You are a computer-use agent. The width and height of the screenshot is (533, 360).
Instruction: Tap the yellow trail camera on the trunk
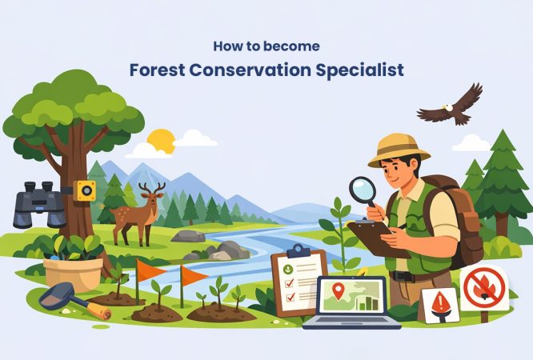tap(84, 190)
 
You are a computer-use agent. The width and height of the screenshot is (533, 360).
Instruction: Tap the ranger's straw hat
tap(398, 149)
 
